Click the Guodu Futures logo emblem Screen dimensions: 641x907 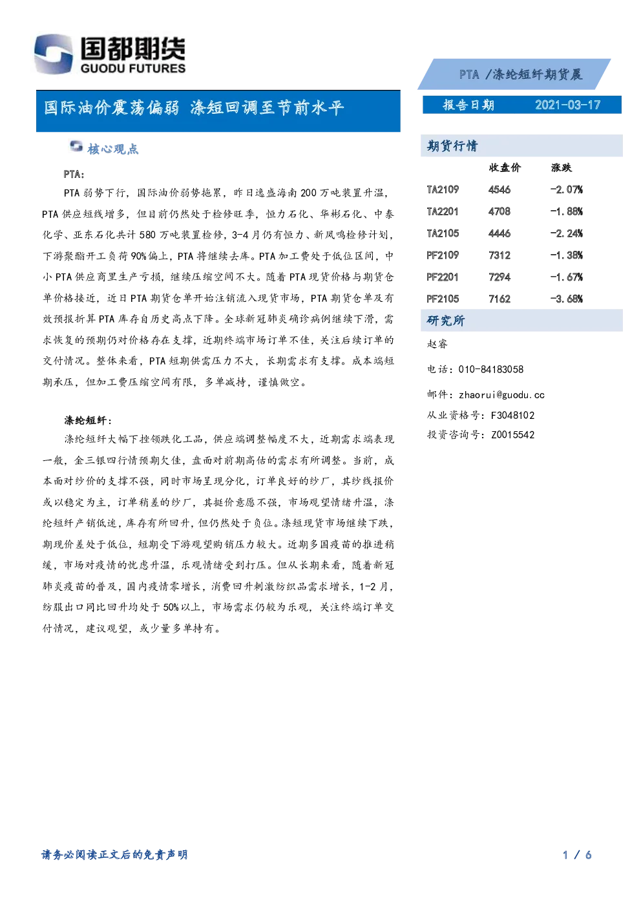click(x=54, y=54)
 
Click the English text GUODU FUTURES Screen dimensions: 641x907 click(x=133, y=68)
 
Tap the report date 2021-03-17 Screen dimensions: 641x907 click(x=567, y=105)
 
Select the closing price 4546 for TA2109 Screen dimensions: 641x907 click(x=499, y=189)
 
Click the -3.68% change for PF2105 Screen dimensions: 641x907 click(x=566, y=299)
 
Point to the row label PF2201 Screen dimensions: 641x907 click(x=443, y=277)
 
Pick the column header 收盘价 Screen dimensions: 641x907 click(x=505, y=167)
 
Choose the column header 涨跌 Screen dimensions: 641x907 click(x=562, y=167)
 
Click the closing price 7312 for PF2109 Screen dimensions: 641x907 click(x=499, y=255)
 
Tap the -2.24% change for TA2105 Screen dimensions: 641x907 click(x=566, y=233)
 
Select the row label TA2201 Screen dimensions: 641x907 click(x=443, y=211)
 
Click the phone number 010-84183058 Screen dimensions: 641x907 click(x=490, y=369)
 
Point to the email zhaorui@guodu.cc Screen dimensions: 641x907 click(x=501, y=395)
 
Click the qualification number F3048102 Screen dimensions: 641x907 click(x=512, y=415)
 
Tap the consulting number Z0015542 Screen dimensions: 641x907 click(x=512, y=435)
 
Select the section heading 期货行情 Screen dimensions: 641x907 click(x=452, y=145)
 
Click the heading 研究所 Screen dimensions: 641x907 click(x=446, y=321)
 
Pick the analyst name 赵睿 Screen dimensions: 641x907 click(x=437, y=344)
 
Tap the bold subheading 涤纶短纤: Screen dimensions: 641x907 click(x=88, y=420)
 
